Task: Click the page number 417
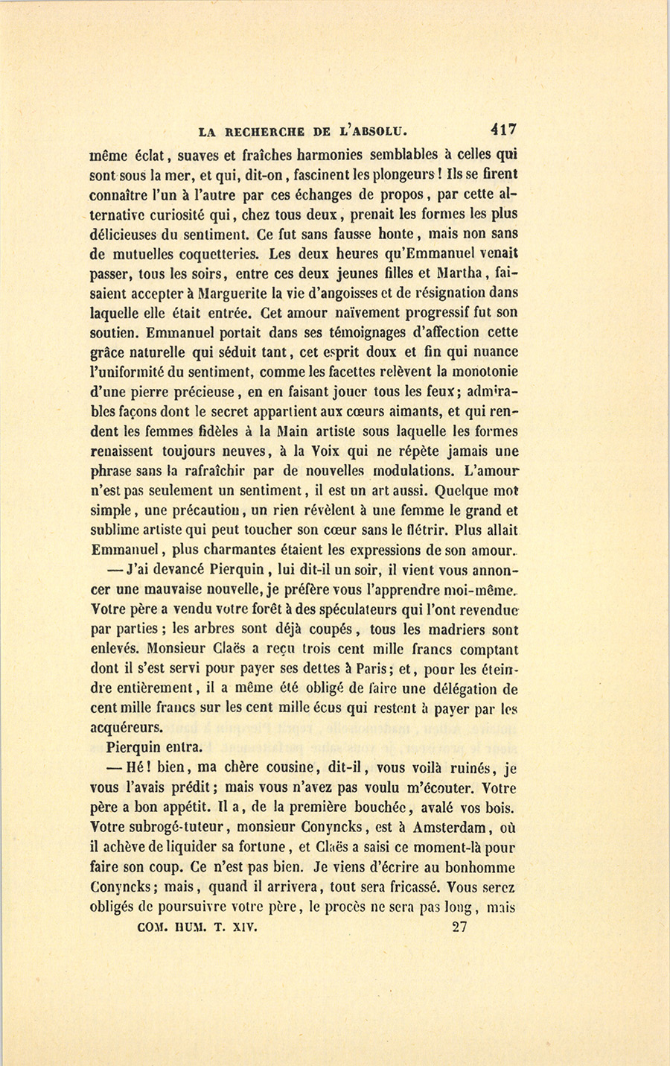click(504, 129)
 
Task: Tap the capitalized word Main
click(293, 431)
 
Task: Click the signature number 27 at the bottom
click(460, 927)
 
